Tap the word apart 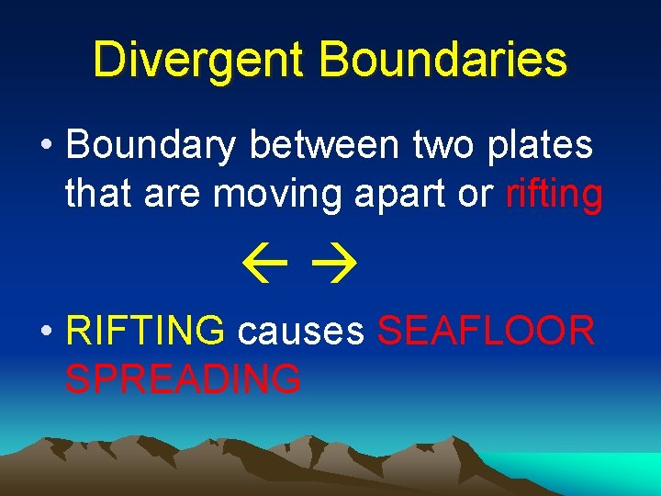411,196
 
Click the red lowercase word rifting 555,195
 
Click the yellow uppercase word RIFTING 145,331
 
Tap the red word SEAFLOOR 487,331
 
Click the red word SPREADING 183,378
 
